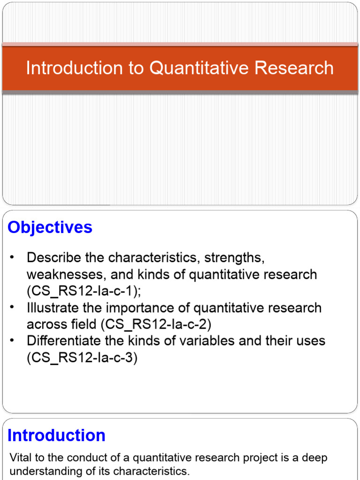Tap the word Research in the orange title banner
tap(294, 68)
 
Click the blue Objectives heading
tap(50, 227)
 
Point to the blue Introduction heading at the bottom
tap(56, 435)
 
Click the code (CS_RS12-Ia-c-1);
tap(84, 291)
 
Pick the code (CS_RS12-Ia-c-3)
tap(82, 358)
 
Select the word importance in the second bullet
tap(136, 308)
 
